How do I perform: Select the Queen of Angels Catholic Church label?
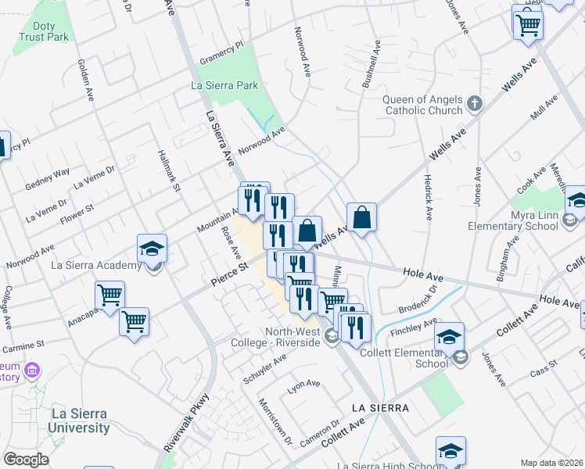point(423,105)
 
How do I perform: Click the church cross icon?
point(474,103)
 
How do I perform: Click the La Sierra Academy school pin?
point(152,249)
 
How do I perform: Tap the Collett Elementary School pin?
point(449,337)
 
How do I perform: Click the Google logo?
point(26,460)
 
